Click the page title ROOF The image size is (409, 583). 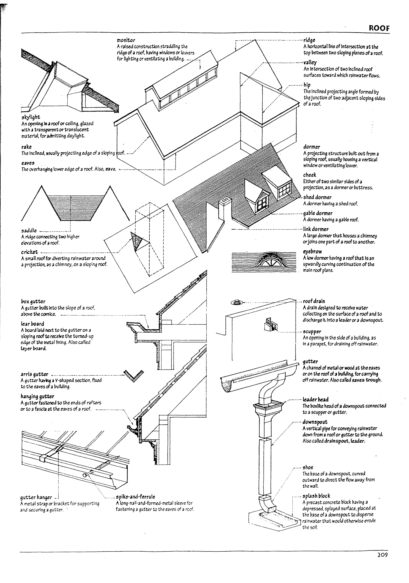tap(379, 28)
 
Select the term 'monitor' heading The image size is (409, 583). tap(126, 40)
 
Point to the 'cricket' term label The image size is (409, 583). tap(29, 252)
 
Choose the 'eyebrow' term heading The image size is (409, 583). tap(312, 251)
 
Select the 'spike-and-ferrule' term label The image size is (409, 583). tap(135, 497)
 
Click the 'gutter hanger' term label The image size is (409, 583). tap(36, 497)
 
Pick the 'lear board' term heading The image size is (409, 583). tap(33, 324)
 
